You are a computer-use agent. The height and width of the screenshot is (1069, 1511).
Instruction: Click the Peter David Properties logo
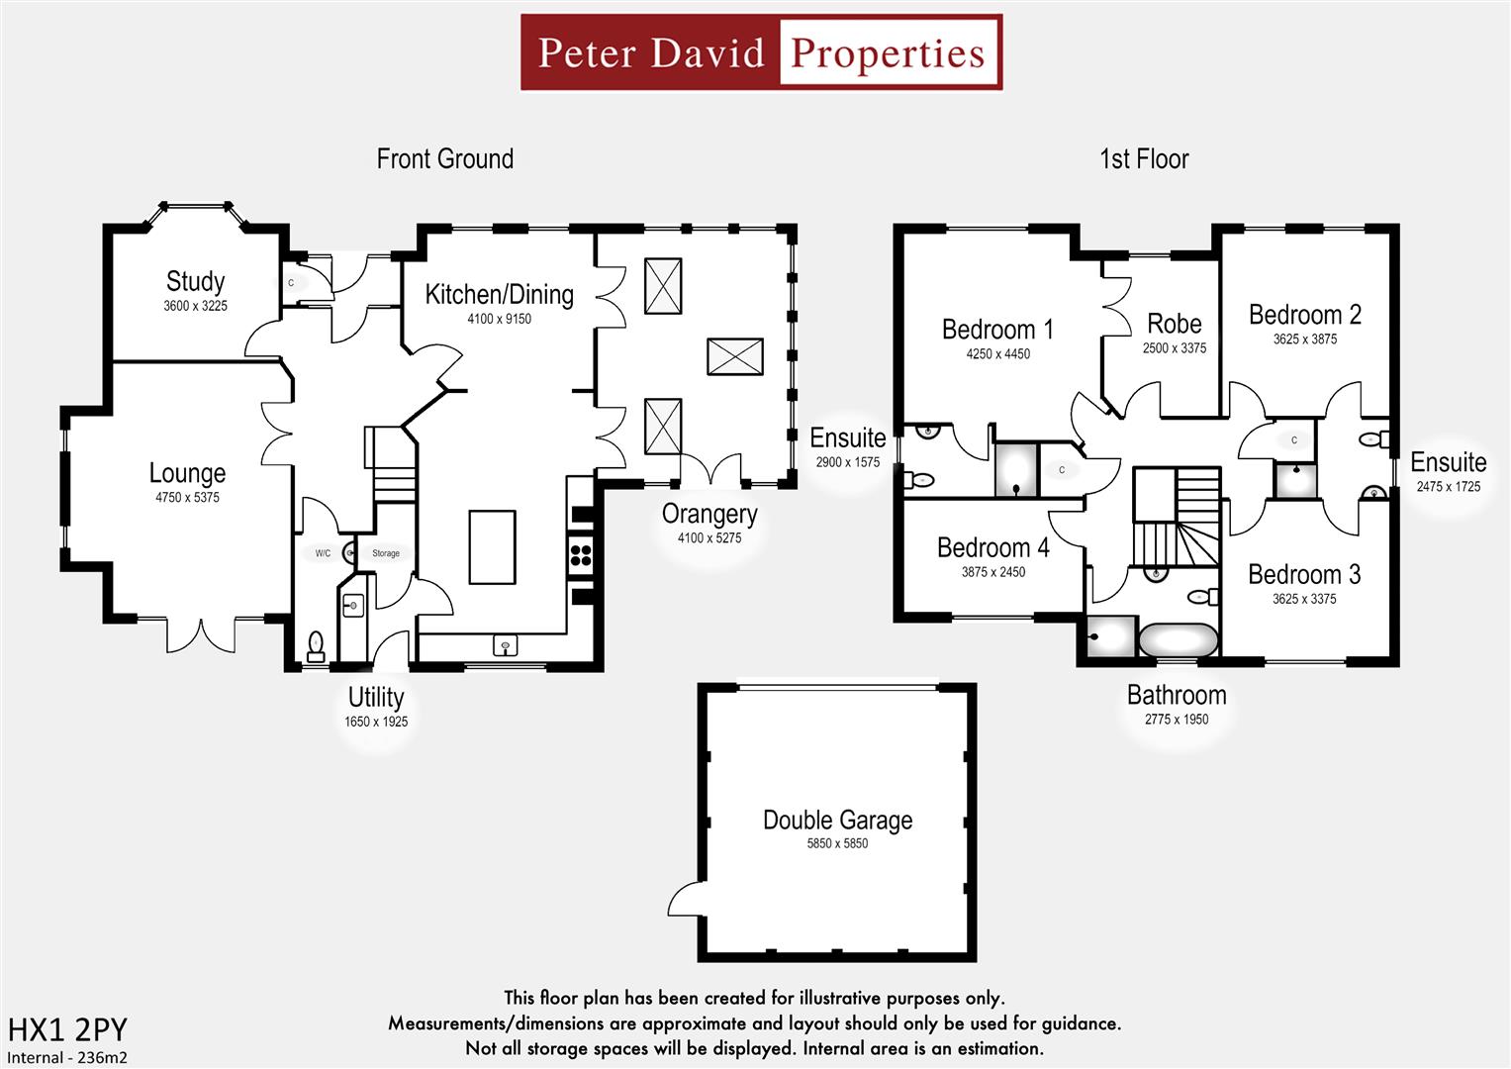pyautogui.click(x=761, y=52)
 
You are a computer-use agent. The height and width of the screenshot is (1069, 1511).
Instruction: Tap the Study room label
pyautogui.click(x=195, y=281)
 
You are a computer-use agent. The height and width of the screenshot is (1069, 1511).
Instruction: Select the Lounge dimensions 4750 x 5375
pyautogui.click(x=187, y=498)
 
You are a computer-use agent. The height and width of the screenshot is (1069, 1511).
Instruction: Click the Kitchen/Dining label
pyautogui.click(x=499, y=295)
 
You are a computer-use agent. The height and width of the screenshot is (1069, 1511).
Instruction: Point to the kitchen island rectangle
pyautogui.click(x=492, y=547)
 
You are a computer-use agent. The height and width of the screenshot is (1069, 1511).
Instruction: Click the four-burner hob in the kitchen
pyautogui.click(x=581, y=554)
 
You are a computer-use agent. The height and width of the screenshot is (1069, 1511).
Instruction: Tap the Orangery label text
pyautogui.click(x=709, y=515)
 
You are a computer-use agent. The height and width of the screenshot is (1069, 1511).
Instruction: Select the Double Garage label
pyautogui.click(x=837, y=821)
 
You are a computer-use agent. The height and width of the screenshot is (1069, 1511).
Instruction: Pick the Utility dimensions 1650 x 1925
pyautogui.click(x=376, y=722)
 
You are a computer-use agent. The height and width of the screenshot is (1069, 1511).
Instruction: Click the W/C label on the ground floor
pyautogui.click(x=323, y=553)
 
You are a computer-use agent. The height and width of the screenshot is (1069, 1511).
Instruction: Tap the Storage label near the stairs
pyautogui.click(x=386, y=553)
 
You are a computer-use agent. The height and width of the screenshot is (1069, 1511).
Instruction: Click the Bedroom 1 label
pyautogui.click(x=997, y=330)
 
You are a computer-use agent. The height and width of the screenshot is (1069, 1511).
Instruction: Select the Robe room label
pyautogui.click(x=1174, y=325)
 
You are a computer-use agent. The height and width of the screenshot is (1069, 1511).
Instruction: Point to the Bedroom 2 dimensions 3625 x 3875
pyautogui.click(x=1304, y=340)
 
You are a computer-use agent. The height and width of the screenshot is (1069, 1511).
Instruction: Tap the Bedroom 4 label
pyautogui.click(x=992, y=548)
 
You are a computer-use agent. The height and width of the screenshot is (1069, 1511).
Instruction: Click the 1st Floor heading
pyautogui.click(x=1144, y=159)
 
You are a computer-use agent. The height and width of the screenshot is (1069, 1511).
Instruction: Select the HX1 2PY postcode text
pyautogui.click(x=67, y=1030)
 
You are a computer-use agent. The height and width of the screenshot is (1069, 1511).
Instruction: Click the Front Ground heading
pyautogui.click(x=444, y=159)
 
